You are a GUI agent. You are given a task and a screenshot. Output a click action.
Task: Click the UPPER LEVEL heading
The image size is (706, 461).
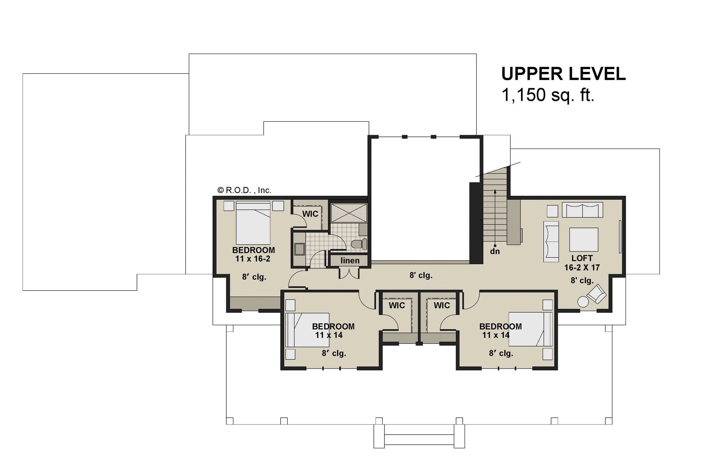pos(563,74)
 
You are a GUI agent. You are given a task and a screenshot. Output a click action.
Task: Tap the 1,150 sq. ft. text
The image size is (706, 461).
pos(548,95)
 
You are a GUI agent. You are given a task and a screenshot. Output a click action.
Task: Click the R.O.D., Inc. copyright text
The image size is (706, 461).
pos(244,190)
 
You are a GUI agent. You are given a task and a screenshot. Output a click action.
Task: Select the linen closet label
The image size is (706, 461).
pos(350,261)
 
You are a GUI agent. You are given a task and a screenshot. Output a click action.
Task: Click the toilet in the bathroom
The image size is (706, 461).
pos(360,244)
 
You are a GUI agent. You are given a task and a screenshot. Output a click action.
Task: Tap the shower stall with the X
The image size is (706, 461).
pos(349,213)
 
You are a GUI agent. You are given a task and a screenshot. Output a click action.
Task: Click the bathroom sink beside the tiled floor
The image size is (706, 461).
pos(300,249)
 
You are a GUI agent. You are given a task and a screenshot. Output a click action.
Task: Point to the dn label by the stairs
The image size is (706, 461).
pos(495,251)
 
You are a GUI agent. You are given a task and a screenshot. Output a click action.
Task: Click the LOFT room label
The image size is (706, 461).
pos(582,258)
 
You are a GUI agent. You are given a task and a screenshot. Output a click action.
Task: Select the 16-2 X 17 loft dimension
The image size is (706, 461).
pos(582,268)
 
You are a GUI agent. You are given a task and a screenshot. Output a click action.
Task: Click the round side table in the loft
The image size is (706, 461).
pos(583,302)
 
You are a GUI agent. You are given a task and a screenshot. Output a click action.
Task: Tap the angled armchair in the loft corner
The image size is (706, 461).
pos(597,294)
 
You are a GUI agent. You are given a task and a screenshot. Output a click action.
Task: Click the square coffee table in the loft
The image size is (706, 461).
pos(584,239)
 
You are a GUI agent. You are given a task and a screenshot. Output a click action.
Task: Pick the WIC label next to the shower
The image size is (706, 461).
pos(310,214)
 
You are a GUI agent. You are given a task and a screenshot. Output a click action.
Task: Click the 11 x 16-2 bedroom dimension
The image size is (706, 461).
pos(253,259)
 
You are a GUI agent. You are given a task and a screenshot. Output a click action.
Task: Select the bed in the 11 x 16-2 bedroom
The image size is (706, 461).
pos(253,223)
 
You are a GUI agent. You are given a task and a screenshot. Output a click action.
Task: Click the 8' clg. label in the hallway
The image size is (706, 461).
pos(421,275)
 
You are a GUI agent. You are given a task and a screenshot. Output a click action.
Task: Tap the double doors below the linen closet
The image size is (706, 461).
pos(349,273)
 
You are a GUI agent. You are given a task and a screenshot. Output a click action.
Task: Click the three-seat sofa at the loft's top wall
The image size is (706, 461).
pos(582,210)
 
